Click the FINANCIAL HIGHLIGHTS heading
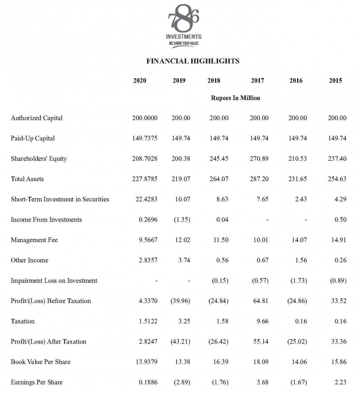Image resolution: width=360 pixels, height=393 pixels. [x=193, y=61]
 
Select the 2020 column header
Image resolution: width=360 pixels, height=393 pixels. [x=139, y=81]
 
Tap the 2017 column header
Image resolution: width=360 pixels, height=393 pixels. [x=257, y=81]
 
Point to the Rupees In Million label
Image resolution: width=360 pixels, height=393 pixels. [x=235, y=98]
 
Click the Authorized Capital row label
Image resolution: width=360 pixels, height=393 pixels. [x=36, y=118]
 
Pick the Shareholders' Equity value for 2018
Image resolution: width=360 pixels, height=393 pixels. [x=219, y=158]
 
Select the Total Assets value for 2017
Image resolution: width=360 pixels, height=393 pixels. [x=259, y=179]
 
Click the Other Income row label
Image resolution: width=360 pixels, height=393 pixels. [x=29, y=260]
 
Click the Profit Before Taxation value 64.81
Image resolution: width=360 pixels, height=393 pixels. [x=261, y=301]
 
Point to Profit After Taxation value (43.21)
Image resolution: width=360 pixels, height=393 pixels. [x=181, y=341]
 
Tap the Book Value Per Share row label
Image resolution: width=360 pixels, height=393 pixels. [x=40, y=361]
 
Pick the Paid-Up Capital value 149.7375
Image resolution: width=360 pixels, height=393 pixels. [x=144, y=138]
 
